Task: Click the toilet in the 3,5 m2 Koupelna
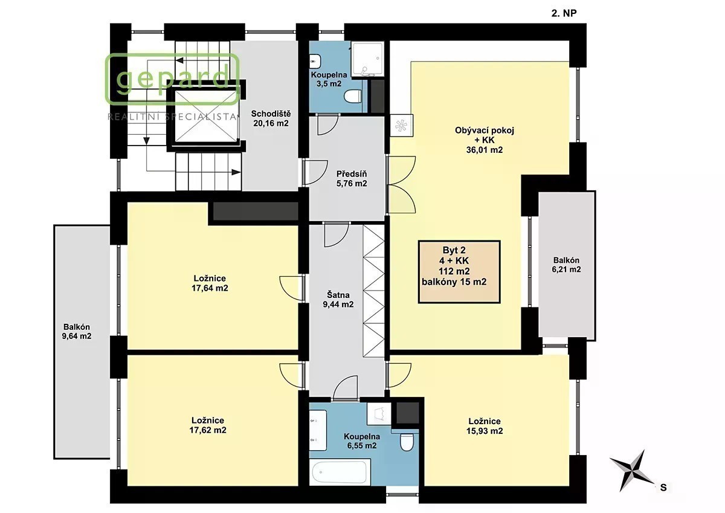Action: click(x=352, y=97)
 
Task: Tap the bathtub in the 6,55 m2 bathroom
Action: click(x=339, y=472)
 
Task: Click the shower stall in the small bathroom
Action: click(x=367, y=59)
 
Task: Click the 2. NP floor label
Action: click(x=564, y=13)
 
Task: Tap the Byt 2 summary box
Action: click(x=459, y=272)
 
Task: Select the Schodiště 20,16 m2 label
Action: click(x=271, y=118)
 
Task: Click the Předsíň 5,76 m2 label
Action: click(x=352, y=179)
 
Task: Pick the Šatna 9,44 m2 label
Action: click(x=338, y=300)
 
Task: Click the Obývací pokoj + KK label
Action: click(x=485, y=140)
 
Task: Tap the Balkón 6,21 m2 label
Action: click(x=567, y=265)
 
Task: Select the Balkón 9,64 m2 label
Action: click(x=77, y=332)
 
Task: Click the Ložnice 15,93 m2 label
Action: click(x=485, y=426)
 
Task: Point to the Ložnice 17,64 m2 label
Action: click(x=210, y=283)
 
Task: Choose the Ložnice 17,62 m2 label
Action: click(x=208, y=425)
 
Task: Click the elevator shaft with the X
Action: click(x=206, y=116)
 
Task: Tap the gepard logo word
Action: click(x=173, y=79)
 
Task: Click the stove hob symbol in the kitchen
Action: click(x=401, y=125)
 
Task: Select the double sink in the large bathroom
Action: click(x=318, y=430)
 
